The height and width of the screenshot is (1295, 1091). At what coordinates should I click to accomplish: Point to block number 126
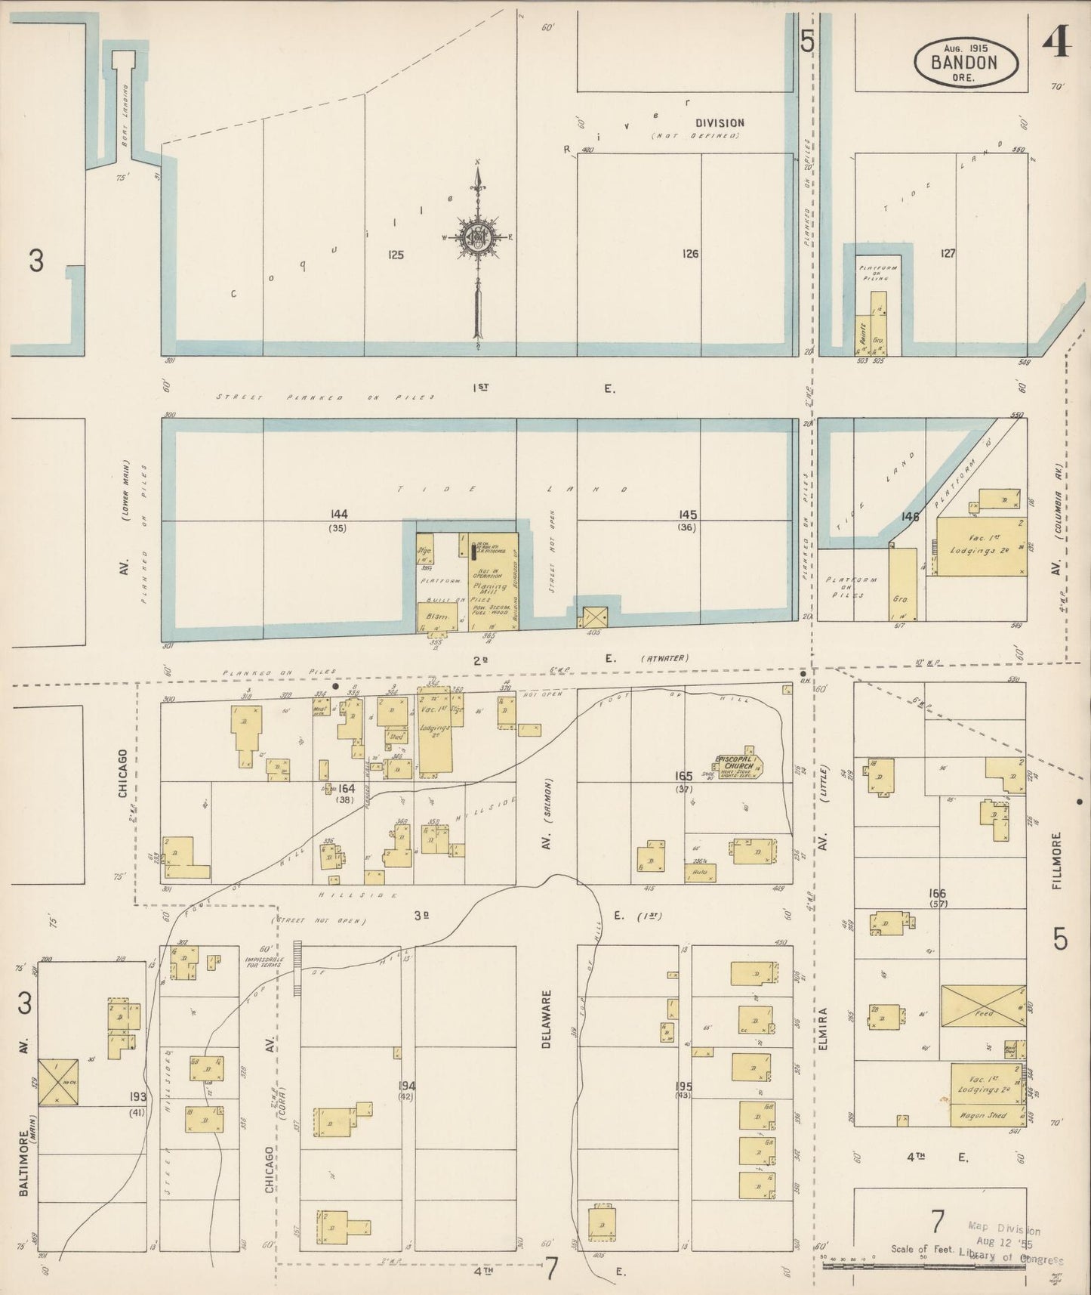point(689,254)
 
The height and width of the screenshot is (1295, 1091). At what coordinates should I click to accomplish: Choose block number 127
point(948,253)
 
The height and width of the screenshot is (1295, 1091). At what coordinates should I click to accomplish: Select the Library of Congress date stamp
point(1013,1244)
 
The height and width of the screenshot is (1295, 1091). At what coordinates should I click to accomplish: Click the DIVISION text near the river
point(719,122)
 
